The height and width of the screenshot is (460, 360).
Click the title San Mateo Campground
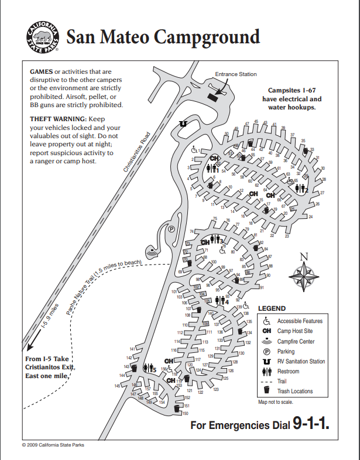point(163,37)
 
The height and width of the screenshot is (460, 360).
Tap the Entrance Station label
point(235,74)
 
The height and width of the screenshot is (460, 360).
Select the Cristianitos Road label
point(137,152)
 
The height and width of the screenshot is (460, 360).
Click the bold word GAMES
point(41,71)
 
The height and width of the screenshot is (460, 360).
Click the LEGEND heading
point(272,308)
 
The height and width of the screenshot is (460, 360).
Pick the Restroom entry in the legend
point(288,372)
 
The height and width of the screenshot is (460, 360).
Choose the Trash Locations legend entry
point(295,391)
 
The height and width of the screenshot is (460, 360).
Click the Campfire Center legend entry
point(296,341)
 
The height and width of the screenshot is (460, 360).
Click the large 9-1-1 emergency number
point(311,424)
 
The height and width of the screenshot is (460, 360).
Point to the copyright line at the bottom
point(53,445)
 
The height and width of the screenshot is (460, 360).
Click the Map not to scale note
point(275,402)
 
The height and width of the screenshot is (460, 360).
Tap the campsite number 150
point(186,414)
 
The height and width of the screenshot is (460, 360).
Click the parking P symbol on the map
point(172,229)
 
